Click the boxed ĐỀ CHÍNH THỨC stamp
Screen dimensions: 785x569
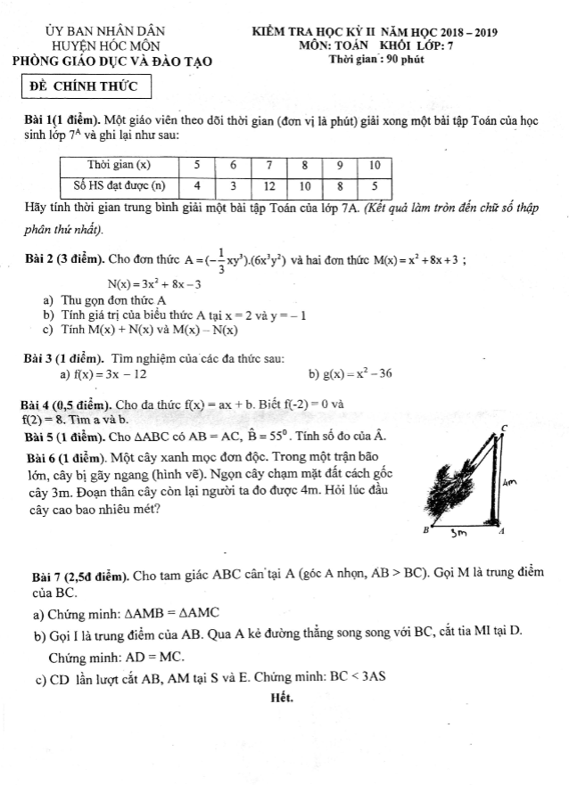85,86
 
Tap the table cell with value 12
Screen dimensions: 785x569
268,186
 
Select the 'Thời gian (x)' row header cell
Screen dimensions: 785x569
120,165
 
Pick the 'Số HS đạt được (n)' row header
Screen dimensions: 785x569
120,186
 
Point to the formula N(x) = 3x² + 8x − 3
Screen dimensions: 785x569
153,284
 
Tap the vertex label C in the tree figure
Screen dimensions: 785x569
504,430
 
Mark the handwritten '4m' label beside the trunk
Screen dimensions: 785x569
511,482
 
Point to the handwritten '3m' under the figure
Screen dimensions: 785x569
460,535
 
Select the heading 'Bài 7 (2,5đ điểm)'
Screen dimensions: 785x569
81,574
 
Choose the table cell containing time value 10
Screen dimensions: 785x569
375,165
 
